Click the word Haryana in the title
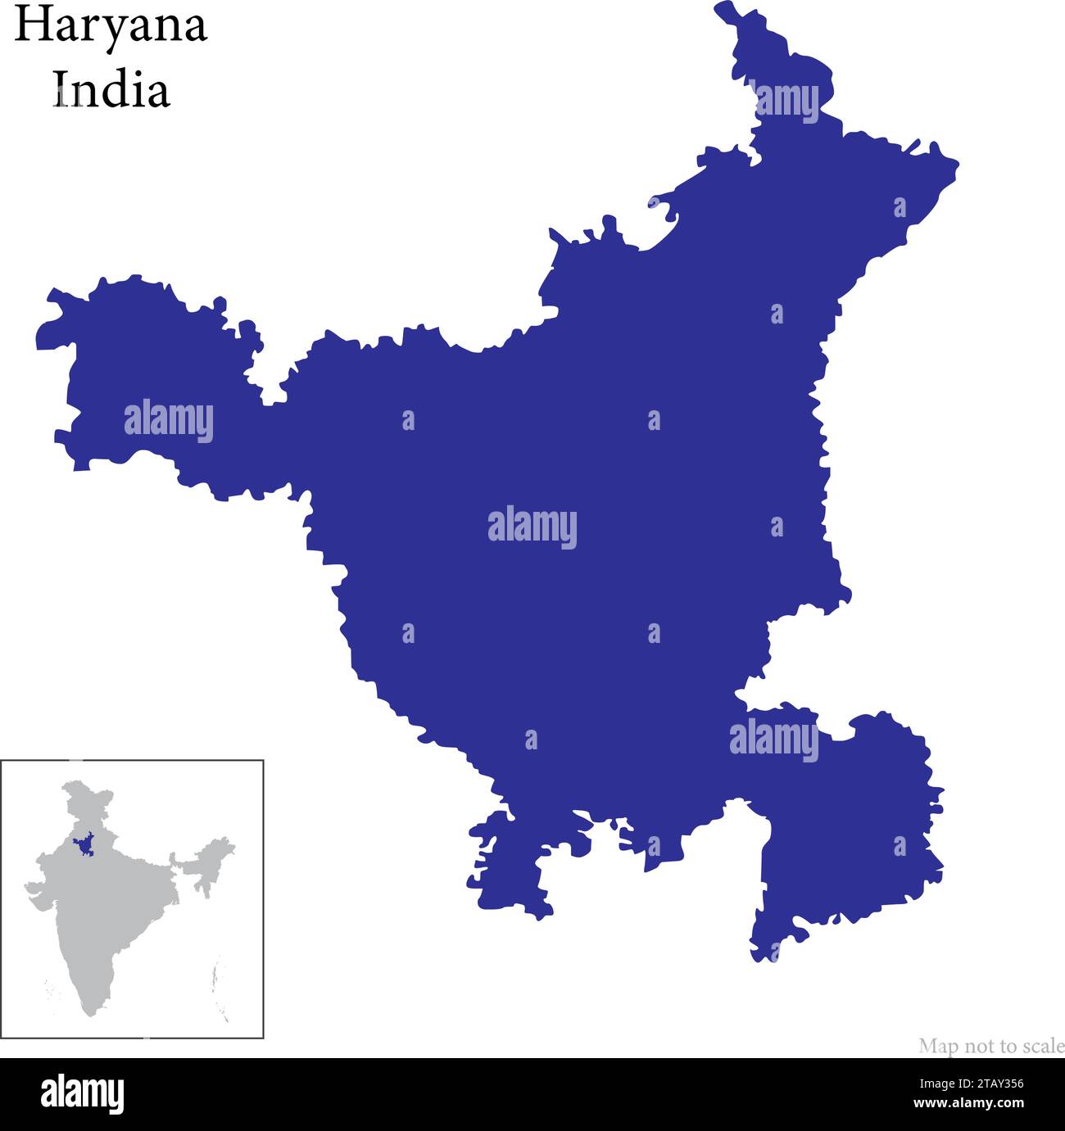[111, 26]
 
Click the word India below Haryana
[111, 89]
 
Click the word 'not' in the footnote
[976, 1046]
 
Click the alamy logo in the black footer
[82, 1093]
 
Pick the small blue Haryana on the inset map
[83, 846]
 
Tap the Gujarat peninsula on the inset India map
[36, 892]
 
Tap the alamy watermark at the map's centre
[532, 527]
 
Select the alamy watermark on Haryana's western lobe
[169, 421]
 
